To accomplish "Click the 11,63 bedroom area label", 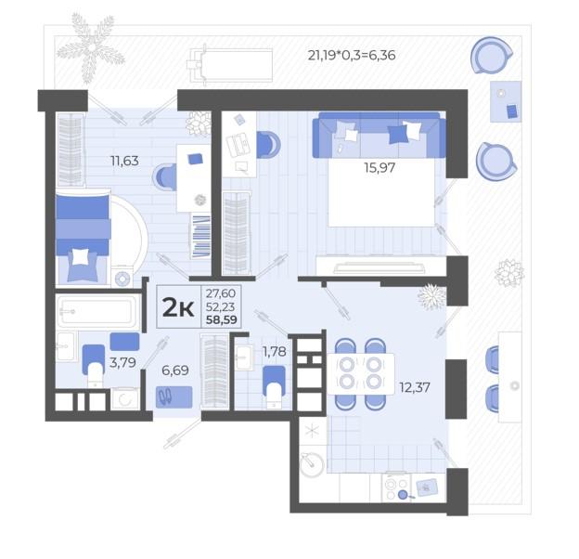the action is click(124, 161).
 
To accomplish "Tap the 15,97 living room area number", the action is click(380, 168).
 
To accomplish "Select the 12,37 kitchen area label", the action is click(415, 387).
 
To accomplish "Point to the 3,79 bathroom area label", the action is click(122, 362).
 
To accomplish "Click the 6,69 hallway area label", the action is click(175, 370).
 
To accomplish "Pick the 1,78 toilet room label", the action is click(274, 351).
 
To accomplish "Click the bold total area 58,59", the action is click(222, 319).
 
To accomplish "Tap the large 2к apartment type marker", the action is click(178, 307).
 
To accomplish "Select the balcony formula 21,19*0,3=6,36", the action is click(352, 55).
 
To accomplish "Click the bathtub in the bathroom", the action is click(97, 311).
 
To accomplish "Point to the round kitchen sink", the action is click(312, 464).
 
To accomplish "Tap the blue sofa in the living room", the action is click(379, 136).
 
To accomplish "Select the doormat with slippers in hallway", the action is click(174, 397).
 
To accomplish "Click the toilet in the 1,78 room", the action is click(274, 387).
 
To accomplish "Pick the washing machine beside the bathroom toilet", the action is click(125, 398).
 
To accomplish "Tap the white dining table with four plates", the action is click(361, 374).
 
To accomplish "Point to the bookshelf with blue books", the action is click(200, 237).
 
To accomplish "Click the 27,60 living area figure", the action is click(221, 293).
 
